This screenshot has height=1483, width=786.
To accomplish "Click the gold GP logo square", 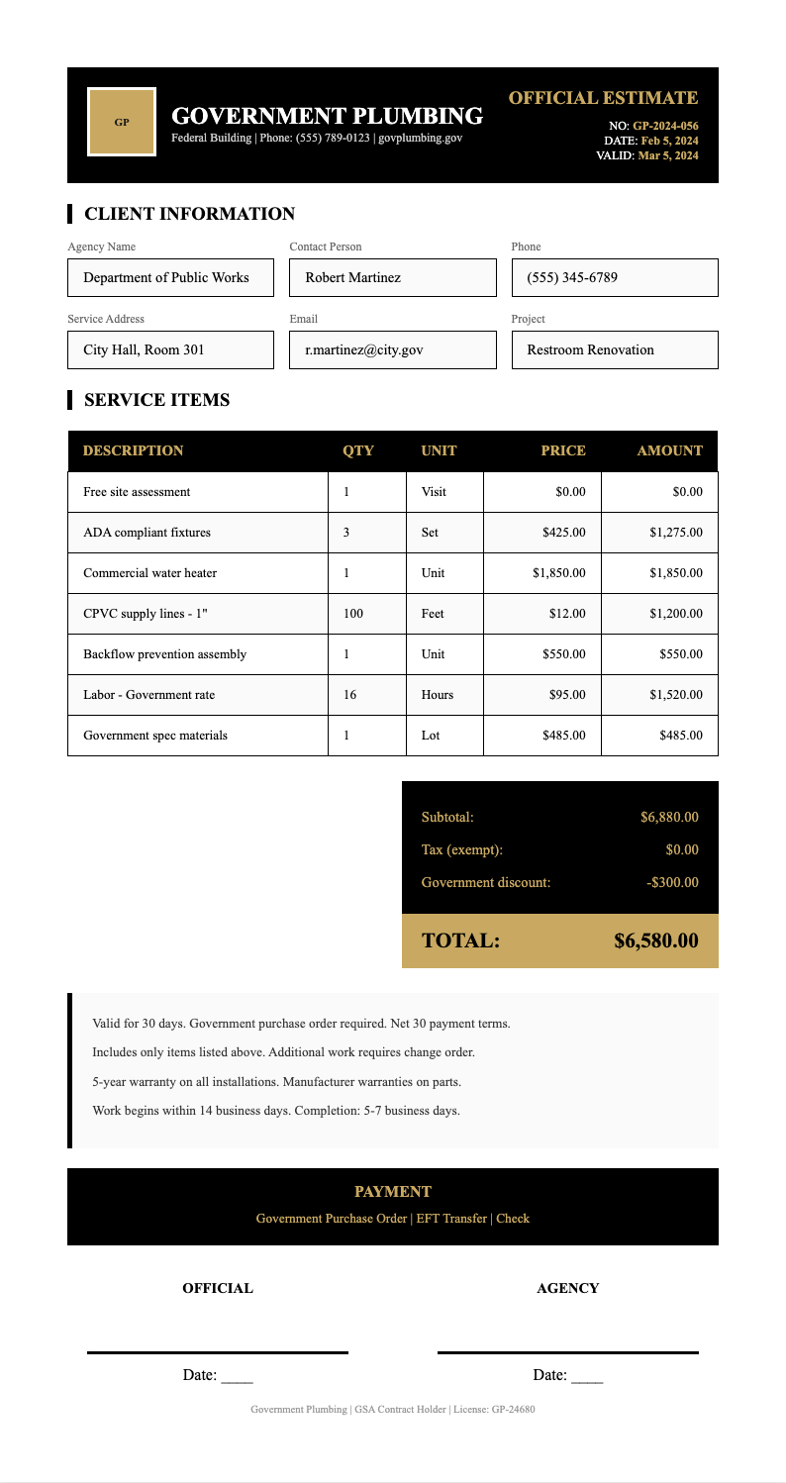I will click(122, 122).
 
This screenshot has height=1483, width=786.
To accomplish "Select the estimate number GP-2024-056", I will click(665, 126).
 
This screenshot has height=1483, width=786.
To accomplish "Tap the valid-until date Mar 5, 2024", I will click(668, 155).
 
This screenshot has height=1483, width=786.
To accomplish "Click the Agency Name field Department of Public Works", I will click(170, 278).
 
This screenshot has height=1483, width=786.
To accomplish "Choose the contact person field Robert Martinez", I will click(392, 278).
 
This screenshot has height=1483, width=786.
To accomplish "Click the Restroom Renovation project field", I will click(614, 350).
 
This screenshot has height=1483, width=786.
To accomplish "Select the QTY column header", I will click(357, 450).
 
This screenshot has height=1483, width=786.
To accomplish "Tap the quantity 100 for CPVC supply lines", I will click(353, 614).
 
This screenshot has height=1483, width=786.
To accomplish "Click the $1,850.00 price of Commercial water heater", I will click(558, 573).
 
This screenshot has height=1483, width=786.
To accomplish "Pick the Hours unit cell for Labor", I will click(438, 695).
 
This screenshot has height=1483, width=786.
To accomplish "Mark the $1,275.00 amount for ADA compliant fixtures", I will click(675, 533).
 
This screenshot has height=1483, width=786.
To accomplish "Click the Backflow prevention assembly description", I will click(164, 654).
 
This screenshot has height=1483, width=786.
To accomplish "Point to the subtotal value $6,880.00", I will click(669, 817).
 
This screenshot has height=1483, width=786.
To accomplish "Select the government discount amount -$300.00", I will click(672, 882).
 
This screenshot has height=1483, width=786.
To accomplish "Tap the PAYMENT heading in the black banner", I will click(392, 1192).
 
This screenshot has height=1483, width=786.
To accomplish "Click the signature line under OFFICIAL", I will click(218, 1351).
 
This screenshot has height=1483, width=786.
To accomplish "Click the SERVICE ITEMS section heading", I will click(156, 400).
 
